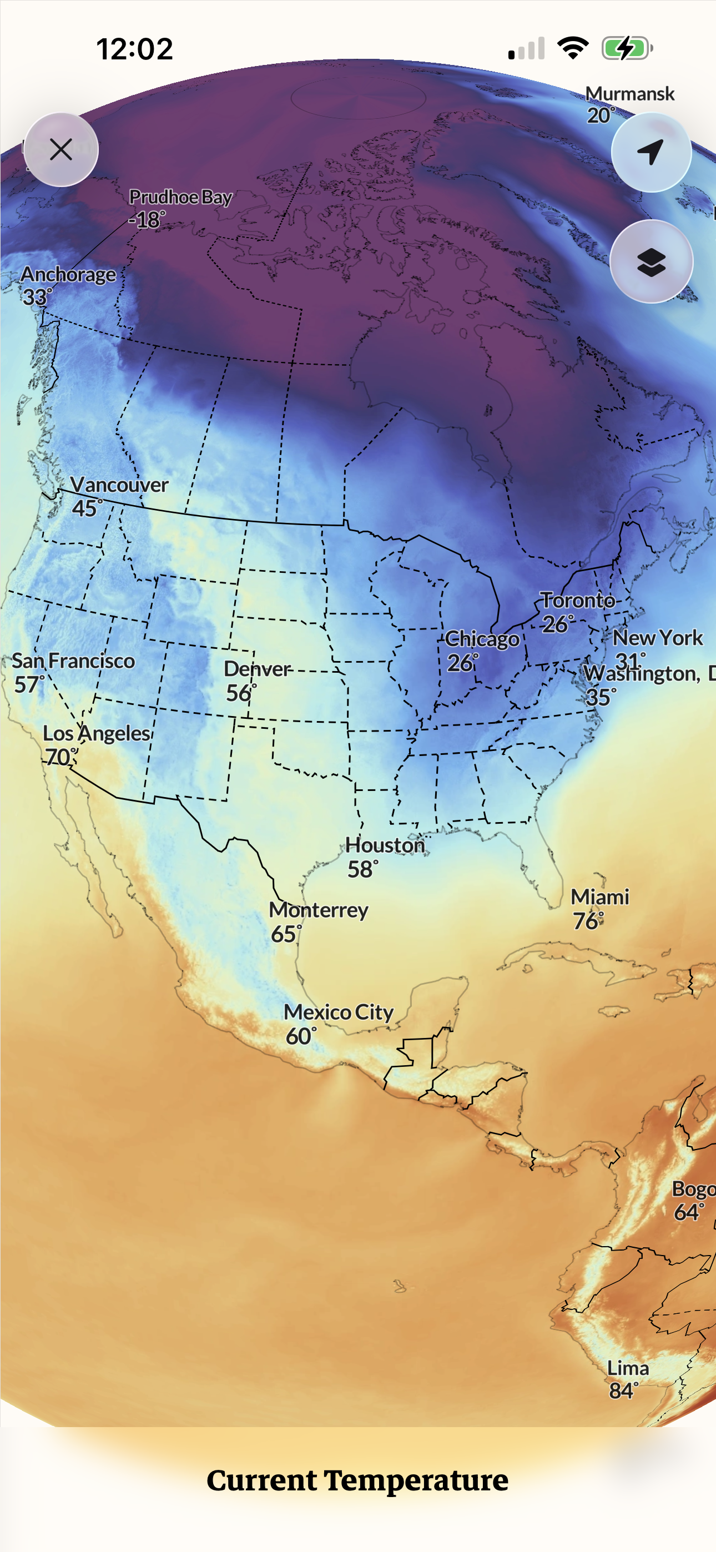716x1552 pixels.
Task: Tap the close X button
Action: point(61,149)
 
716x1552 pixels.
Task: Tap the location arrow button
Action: point(651,152)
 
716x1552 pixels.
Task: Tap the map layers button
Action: point(651,261)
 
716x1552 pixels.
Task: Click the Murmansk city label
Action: point(630,94)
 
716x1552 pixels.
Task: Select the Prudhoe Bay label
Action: point(180,197)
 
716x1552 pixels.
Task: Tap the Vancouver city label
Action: point(119,485)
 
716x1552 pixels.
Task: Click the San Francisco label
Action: point(73,661)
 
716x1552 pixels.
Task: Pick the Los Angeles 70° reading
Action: point(61,757)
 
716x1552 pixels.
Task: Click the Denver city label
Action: point(258,669)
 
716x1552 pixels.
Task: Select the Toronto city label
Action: point(577,601)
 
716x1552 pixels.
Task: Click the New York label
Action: point(658,638)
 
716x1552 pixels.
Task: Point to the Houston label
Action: point(385,845)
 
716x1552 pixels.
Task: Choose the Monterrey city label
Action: point(318,910)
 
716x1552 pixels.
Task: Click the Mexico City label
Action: point(339,1012)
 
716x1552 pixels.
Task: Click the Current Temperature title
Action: point(357,1481)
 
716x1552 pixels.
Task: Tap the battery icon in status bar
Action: point(627,48)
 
